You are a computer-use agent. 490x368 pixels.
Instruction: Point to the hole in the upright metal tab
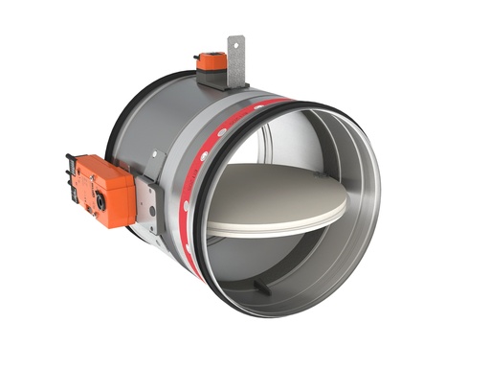click(235, 43)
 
